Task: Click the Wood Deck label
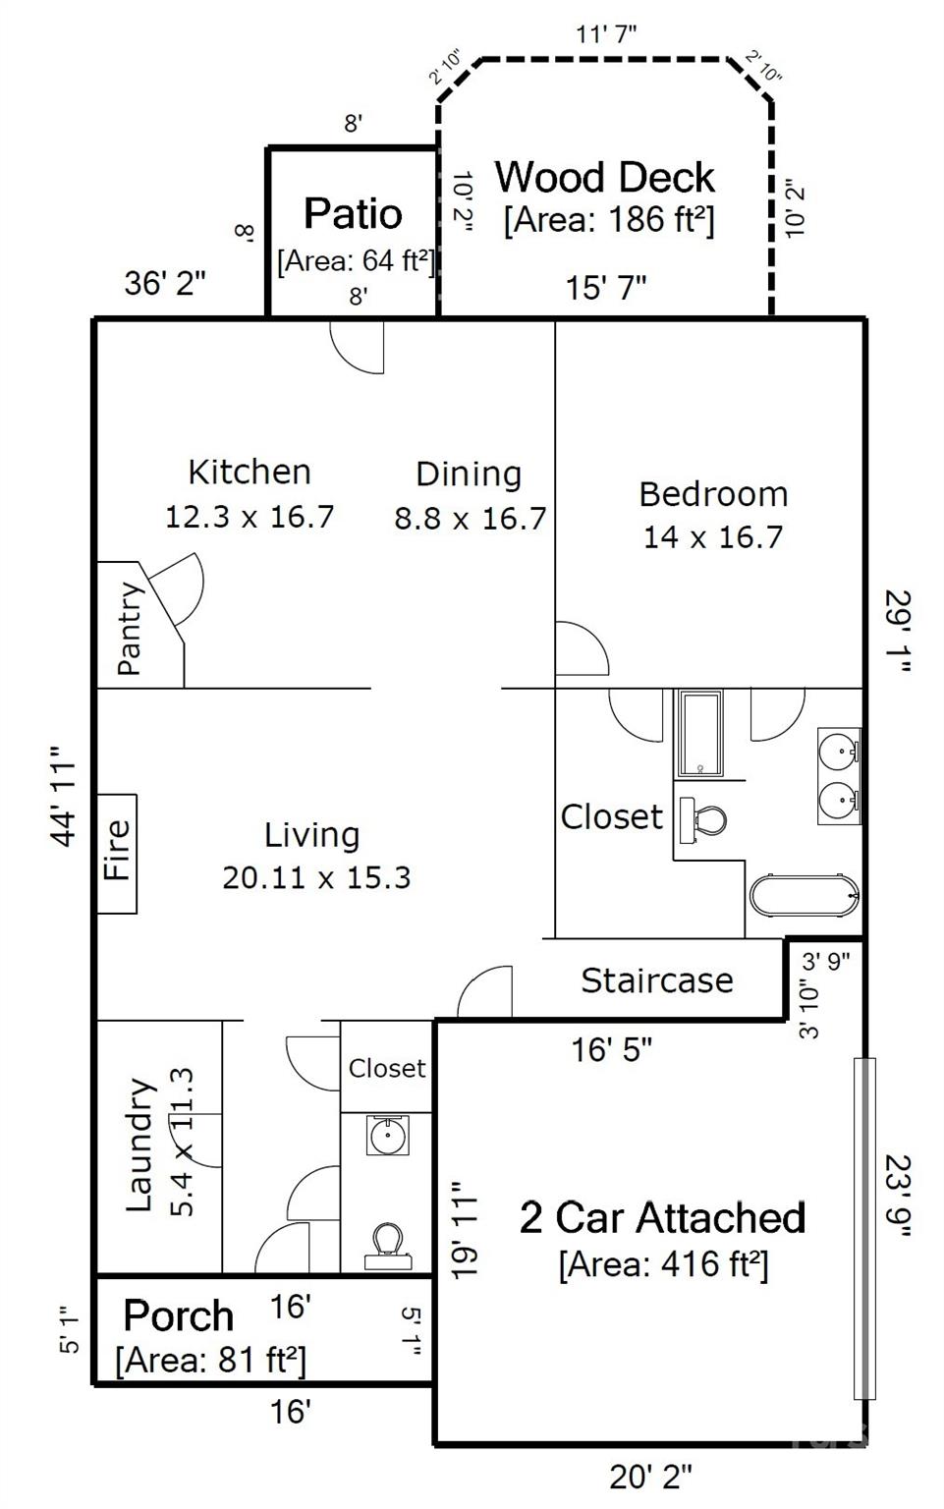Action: point(604,177)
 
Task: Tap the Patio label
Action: point(353,213)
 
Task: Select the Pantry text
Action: point(130,628)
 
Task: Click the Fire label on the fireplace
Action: point(117,850)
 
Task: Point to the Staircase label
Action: point(657,980)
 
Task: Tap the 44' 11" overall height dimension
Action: point(64,796)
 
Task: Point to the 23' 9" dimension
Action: point(898,1196)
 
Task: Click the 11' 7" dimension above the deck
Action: point(606,33)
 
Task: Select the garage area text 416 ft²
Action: point(664,1264)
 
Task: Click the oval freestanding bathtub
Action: point(804,895)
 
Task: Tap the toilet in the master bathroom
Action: point(702,820)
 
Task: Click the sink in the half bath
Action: point(387,1135)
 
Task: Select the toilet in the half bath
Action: point(388,1247)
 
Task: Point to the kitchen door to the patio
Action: point(358,347)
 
